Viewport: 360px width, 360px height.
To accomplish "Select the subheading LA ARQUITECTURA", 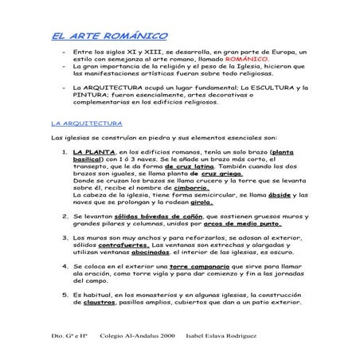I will coord(85,123).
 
